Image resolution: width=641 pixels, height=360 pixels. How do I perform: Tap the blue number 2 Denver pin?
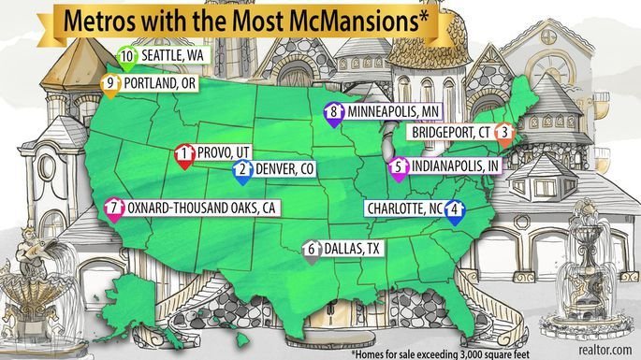coord(242,170)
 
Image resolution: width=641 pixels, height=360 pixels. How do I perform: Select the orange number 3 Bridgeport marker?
coord(503,133)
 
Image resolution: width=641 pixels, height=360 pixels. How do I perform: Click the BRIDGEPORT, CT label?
coord(445,132)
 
